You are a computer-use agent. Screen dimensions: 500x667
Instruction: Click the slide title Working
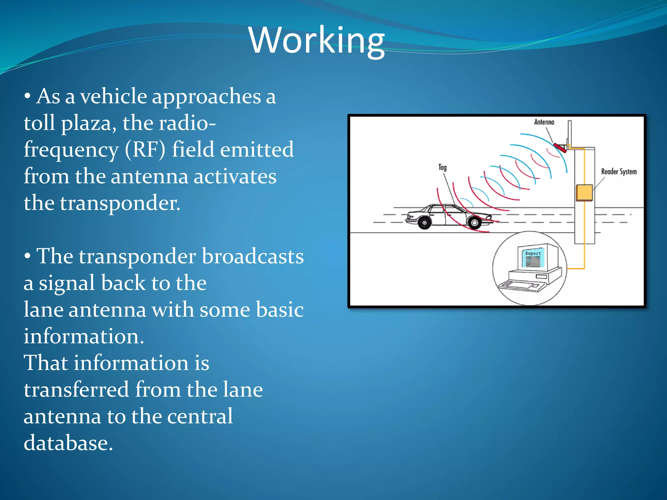tap(317, 40)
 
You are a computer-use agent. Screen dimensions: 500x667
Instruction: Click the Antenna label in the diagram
tap(544, 122)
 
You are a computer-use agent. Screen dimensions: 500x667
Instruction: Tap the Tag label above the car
tap(442, 167)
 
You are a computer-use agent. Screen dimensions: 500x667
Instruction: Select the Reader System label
tap(618, 172)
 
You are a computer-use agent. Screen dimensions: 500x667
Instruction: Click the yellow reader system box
tap(584, 192)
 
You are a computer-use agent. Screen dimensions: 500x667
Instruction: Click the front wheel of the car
tap(475, 223)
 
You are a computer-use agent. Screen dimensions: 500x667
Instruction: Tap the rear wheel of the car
tap(424, 223)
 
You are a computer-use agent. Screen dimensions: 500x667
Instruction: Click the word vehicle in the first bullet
tap(113, 97)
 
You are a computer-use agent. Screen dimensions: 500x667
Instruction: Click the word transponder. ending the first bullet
tap(120, 203)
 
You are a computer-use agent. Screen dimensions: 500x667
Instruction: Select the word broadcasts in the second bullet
tap(253, 257)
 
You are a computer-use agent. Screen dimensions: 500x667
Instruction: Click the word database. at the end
tap(68, 443)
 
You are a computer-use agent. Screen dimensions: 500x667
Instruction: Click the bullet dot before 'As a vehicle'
tap(28, 96)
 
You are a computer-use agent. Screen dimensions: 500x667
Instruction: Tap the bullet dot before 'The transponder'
tap(28, 257)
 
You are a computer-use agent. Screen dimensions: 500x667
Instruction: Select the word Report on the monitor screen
tap(533, 253)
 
